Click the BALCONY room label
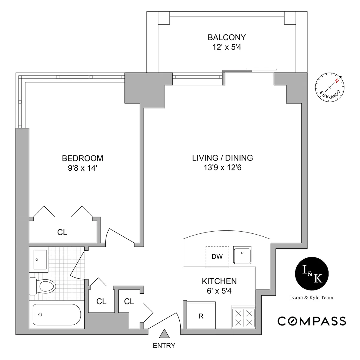tap(226, 37)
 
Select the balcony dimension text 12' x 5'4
tap(226, 47)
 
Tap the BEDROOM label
tap(82, 158)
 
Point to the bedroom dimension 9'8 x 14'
tap(82, 168)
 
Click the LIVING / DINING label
tap(222, 158)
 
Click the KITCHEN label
tap(219, 281)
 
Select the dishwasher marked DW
tap(217, 256)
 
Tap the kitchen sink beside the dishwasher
tap(242, 255)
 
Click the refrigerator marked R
tap(201, 316)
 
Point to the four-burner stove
tap(243, 318)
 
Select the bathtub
tap(57, 314)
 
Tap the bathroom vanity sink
tap(39, 259)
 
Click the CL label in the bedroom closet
tap(62, 232)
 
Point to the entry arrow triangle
tap(164, 334)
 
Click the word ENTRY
tap(164, 346)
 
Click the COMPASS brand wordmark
tap(312, 321)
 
